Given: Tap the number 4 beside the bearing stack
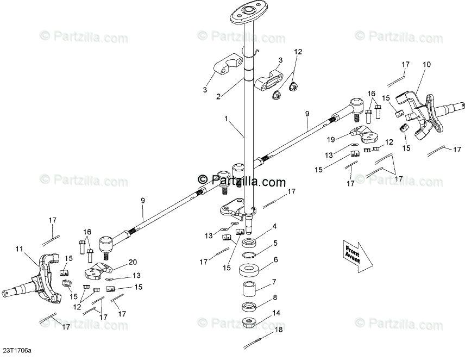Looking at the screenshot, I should [x=275, y=226].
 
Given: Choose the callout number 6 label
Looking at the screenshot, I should [x=275, y=260].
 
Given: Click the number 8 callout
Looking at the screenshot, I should [x=275, y=297].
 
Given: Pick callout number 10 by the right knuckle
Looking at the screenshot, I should [x=426, y=64].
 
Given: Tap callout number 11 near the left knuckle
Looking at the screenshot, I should [x=20, y=249].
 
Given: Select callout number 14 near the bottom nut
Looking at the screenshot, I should [x=277, y=313].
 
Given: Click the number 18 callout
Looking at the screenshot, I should [x=279, y=330].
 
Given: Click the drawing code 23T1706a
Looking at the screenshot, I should [x=17, y=351].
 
